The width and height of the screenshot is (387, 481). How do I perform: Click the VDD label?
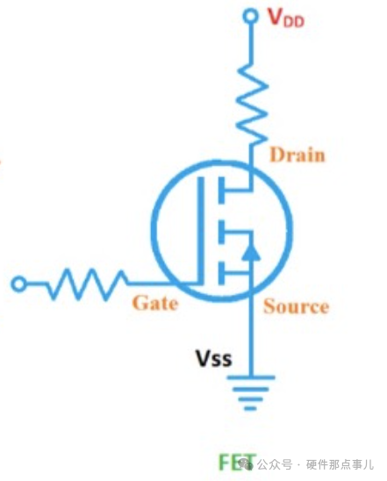[286, 18]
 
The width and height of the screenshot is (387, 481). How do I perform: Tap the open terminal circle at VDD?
[250, 16]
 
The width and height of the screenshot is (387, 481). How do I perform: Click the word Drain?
[297, 154]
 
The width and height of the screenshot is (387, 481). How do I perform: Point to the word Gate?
[155, 303]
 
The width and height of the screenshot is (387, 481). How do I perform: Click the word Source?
[297, 306]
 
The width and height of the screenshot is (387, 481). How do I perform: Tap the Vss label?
[213, 358]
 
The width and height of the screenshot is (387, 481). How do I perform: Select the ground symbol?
[250, 392]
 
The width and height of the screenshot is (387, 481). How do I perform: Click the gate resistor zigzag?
[87, 284]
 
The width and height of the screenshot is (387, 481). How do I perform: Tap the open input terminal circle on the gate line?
[18, 284]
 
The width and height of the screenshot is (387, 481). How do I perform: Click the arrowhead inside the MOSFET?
[251, 251]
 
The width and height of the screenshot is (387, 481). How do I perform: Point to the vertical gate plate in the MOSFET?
[201, 231]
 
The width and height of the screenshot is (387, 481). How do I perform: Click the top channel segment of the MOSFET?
[221, 190]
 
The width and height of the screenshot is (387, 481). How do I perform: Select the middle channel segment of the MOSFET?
[221, 232]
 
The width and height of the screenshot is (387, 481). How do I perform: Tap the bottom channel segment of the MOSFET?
[221, 273]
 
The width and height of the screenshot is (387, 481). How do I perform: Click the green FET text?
[237, 463]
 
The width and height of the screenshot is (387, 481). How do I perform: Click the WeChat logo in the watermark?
[247, 463]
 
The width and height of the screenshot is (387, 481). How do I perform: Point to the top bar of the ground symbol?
[250, 377]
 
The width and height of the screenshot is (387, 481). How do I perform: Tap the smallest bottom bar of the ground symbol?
[250, 408]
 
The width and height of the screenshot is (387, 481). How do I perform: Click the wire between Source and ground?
[251, 337]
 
